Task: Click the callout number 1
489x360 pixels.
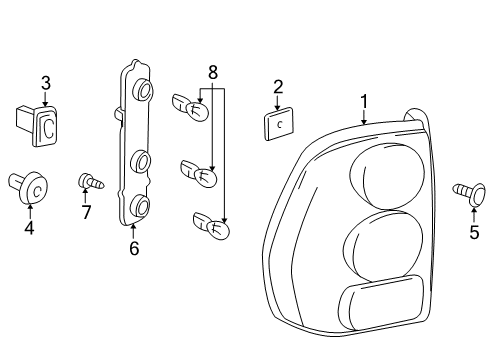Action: click(x=364, y=102)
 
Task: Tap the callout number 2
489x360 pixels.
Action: click(x=278, y=87)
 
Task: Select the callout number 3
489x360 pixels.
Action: click(x=44, y=82)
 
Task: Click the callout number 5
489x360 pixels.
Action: click(x=474, y=233)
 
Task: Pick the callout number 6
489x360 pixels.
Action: click(x=133, y=248)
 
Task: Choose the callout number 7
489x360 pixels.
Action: click(x=86, y=213)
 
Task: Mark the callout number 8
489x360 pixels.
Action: click(x=211, y=72)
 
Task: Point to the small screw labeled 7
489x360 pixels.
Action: click(x=90, y=183)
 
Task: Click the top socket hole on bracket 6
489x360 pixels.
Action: click(x=143, y=91)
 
